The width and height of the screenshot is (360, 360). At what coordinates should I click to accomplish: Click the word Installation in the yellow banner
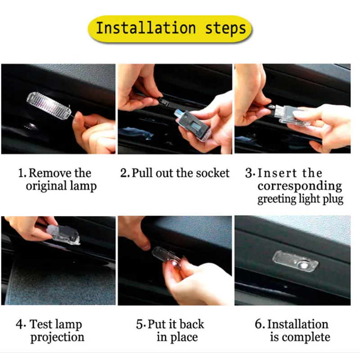pyautogui.click(x=146, y=28)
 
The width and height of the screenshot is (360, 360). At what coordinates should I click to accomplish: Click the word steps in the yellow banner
pyautogui.click(x=225, y=29)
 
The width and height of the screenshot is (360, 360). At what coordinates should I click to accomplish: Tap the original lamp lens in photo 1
pyautogui.click(x=49, y=105)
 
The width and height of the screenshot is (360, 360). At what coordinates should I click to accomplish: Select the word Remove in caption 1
pyautogui.click(x=47, y=173)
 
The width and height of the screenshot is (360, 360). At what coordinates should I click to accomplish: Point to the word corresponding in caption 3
pyautogui.click(x=300, y=186)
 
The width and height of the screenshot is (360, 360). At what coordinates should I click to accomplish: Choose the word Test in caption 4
pyautogui.click(x=40, y=324)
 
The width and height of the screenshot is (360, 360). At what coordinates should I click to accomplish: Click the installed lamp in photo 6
pyautogui.click(x=295, y=261)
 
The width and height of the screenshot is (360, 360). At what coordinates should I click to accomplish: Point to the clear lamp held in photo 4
pyautogui.click(x=63, y=234)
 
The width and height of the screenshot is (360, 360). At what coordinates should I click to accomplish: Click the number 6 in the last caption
pyautogui.click(x=258, y=324)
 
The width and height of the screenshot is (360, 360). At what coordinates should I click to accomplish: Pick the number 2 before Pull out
pyautogui.click(x=124, y=173)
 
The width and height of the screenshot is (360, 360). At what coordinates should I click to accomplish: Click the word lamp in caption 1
pyautogui.click(x=83, y=186)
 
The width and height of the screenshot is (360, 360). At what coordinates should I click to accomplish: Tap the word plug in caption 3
pyautogui.click(x=333, y=199)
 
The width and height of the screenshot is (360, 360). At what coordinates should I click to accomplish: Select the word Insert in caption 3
pyautogui.click(x=277, y=173)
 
